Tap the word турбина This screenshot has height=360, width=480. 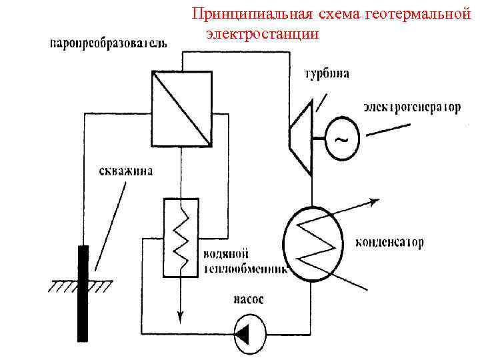327,75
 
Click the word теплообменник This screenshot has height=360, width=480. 245,269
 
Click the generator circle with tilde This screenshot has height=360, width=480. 341,140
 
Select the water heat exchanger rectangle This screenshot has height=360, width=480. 180,237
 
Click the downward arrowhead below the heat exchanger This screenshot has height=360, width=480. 180,313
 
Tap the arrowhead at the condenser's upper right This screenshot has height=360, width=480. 375,199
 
